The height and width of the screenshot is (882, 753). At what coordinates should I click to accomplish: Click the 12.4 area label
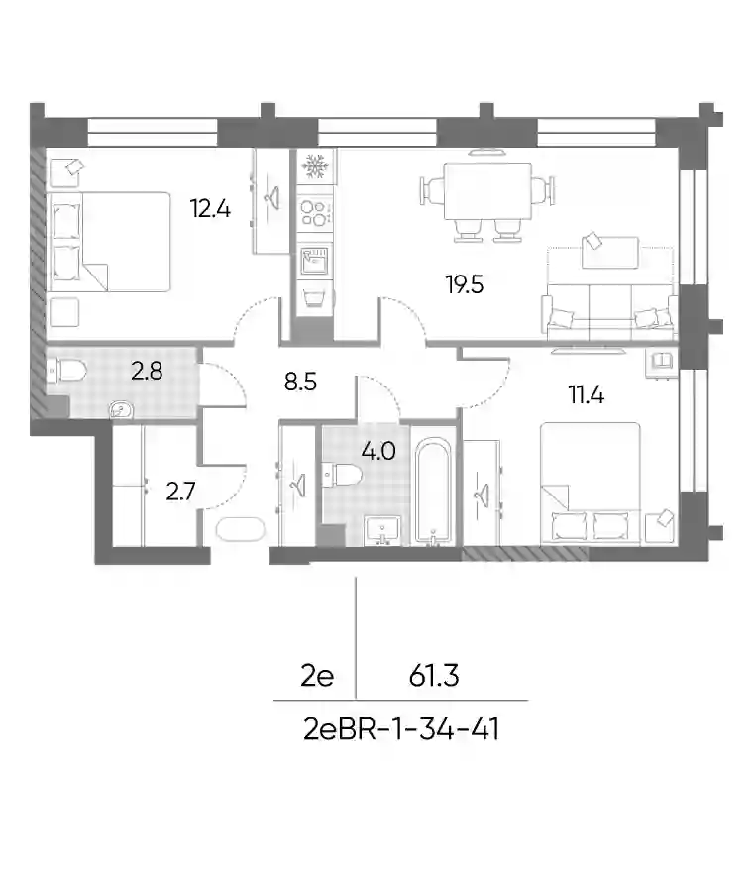coord(210,209)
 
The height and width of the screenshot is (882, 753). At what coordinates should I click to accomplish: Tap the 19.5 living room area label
coord(465,284)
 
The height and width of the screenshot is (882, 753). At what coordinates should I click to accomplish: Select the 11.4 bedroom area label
coord(586,394)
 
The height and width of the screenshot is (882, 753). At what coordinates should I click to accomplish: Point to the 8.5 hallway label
coord(300,382)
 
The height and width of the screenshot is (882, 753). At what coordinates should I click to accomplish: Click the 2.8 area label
coord(147,371)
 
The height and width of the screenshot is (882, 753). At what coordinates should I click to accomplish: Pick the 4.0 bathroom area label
coord(378,451)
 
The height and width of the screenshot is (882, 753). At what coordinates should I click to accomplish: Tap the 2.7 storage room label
coord(180,492)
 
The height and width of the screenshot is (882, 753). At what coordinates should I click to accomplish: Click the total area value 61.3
coord(434,676)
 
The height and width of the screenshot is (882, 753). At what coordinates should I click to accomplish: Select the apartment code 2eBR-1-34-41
coord(401,730)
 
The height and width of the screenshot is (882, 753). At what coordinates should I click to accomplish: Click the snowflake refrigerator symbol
coord(314,165)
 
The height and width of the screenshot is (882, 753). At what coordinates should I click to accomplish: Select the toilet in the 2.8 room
coord(66,372)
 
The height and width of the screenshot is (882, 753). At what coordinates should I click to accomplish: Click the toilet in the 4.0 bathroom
coord(342,475)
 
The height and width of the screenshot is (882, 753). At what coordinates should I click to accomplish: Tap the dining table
coord(487,191)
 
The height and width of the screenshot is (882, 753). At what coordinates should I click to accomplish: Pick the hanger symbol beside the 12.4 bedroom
coord(272,197)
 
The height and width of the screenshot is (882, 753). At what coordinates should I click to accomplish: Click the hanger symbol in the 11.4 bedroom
coord(482,495)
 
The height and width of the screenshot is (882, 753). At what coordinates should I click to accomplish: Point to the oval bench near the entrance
coord(240,529)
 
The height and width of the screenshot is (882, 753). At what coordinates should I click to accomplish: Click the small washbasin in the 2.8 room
coord(121,410)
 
